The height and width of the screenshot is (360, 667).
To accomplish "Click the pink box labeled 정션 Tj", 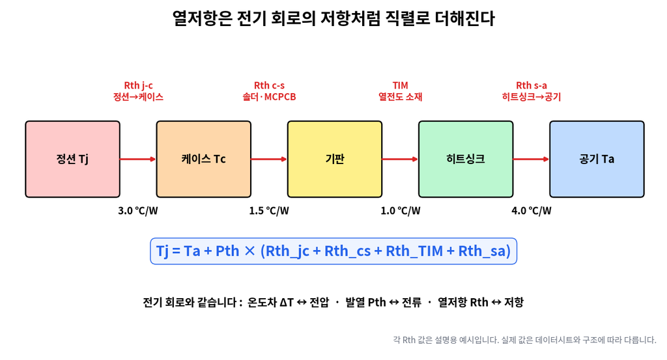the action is [x=72, y=159].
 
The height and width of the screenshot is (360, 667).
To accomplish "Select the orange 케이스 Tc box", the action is [x=203, y=159].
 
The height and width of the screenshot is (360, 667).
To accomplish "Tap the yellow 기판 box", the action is [x=334, y=159].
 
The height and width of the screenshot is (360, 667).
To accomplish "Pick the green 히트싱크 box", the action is [x=465, y=159].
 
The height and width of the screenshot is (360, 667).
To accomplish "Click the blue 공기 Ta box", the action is [x=597, y=159].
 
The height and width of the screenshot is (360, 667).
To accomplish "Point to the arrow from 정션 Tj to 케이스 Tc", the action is [x=138, y=159].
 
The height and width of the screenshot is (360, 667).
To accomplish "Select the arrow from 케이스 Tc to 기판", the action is [x=269, y=159].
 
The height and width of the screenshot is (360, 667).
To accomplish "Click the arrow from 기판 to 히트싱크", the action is [x=401, y=159].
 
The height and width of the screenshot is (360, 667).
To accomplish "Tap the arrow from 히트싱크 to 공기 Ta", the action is [x=532, y=159].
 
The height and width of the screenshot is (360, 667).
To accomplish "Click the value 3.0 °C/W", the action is [x=138, y=211].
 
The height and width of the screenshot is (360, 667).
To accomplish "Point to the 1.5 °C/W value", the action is [x=269, y=211].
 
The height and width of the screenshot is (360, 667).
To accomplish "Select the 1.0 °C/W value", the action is [x=401, y=211].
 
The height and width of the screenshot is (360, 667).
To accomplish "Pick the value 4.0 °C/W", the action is [x=532, y=211].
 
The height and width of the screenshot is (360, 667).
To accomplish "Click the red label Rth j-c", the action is [x=138, y=85].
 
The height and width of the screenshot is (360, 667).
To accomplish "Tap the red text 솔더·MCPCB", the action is [x=269, y=97].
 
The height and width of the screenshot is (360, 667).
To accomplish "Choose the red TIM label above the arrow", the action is [x=401, y=85].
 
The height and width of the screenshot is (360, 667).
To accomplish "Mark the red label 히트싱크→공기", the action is [x=532, y=97].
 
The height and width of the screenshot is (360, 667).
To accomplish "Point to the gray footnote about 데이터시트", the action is [x=524, y=340].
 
